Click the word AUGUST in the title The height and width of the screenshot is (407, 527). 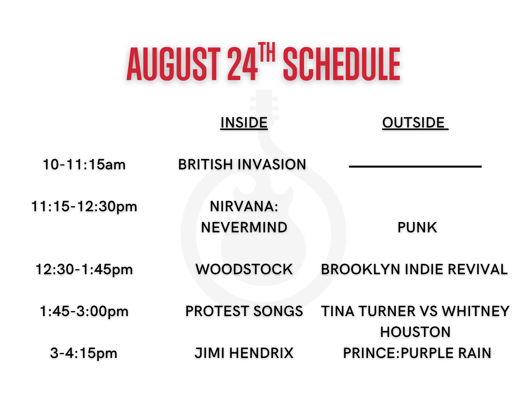click(x=173, y=64)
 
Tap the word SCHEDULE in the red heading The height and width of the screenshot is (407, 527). click(x=342, y=64)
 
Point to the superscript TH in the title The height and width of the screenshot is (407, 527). click(x=267, y=52)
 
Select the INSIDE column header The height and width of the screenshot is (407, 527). click(x=244, y=122)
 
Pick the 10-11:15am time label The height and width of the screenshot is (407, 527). click(x=84, y=165)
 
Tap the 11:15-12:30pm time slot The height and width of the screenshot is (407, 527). click(x=84, y=207)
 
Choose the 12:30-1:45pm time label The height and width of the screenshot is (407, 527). click(x=84, y=269)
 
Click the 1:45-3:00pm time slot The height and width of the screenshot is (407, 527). click(x=84, y=311)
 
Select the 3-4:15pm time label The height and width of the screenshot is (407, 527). click(x=84, y=353)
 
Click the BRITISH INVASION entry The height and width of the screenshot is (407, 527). click(x=242, y=164)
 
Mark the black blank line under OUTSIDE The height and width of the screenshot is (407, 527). click(x=415, y=166)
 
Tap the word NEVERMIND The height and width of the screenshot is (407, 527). click(x=244, y=228)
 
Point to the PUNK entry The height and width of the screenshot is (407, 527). click(x=417, y=228)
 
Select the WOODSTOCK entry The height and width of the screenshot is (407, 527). click(x=244, y=269)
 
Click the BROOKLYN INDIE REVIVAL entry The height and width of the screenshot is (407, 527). click(x=414, y=269)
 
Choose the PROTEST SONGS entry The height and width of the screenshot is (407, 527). click(x=244, y=311)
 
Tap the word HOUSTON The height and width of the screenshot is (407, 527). click(x=415, y=332)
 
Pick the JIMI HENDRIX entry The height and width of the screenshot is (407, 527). click(x=244, y=353)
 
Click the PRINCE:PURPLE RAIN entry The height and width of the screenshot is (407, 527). click(x=417, y=353)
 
